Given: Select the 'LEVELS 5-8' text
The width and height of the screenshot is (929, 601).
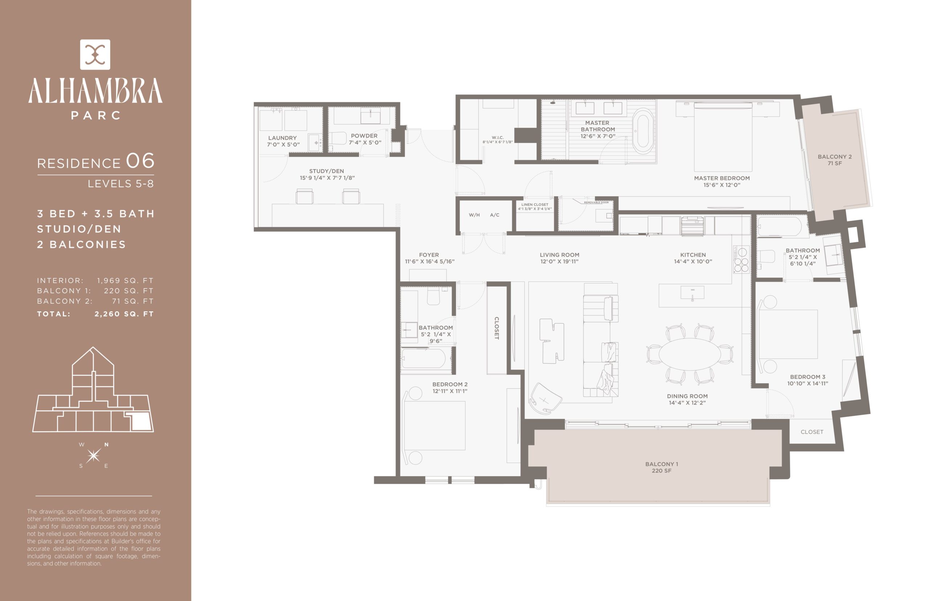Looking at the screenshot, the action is [120, 183].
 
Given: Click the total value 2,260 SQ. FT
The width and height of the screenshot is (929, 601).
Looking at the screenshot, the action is [124, 314].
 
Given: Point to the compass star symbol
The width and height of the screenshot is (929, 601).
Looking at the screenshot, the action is [94, 455].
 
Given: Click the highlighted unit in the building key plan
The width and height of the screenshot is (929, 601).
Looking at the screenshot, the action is [141, 421].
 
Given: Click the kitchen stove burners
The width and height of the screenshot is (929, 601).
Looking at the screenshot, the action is [741, 259].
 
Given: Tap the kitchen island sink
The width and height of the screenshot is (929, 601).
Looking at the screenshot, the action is [692, 292].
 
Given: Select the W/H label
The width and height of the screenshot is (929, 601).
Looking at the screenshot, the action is [474, 215].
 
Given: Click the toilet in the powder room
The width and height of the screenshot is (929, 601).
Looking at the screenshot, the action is [337, 138].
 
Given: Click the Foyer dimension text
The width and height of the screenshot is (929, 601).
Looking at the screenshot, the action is [430, 261].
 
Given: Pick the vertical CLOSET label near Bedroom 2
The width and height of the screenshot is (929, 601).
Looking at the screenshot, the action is [497, 328].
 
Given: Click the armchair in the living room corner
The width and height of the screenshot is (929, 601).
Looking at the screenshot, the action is [545, 397].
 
